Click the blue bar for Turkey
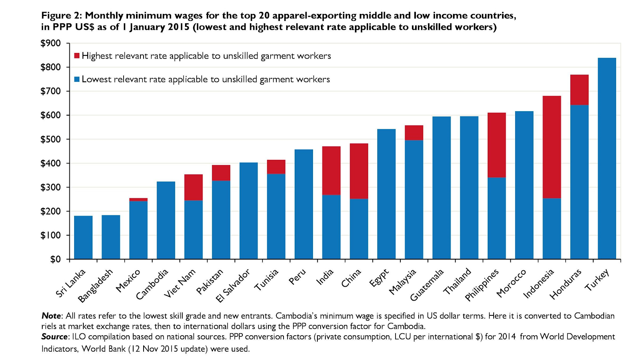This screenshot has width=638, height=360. (606, 159)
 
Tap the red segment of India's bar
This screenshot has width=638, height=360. (331, 170)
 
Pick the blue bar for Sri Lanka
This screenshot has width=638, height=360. (83, 238)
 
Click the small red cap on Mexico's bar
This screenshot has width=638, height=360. (138, 199)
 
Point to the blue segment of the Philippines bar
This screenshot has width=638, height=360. (496, 218)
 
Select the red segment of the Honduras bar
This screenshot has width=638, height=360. (579, 90)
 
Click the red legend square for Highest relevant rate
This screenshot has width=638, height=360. (77, 56)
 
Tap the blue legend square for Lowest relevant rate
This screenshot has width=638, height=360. (77, 79)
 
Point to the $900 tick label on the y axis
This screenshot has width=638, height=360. (51, 43)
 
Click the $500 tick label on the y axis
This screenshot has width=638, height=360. (51, 139)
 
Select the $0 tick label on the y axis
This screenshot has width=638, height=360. (55, 259)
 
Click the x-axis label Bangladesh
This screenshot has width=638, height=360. (96, 286)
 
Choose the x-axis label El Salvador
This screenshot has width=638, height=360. (233, 285)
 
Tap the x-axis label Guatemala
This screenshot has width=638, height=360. (427, 285)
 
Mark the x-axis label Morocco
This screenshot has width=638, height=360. (511, 283)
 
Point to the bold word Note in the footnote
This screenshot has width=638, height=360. (51, 316)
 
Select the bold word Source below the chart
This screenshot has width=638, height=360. (54, 336)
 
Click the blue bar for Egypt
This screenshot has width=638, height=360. (386, 194)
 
